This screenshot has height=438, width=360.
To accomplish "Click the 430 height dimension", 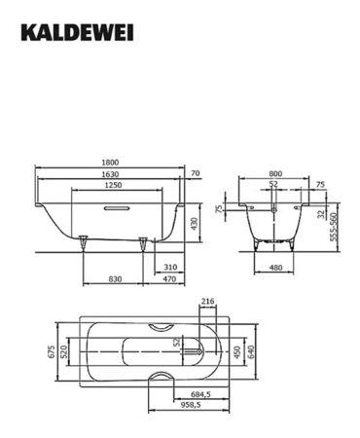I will (197, 223).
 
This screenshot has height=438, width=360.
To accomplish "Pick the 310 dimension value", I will (170, 267).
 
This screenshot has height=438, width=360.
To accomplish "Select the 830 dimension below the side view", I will (115, 279).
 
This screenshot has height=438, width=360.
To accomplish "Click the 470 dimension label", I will (170, 279).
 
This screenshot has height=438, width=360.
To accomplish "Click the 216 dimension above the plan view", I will (205, 303).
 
